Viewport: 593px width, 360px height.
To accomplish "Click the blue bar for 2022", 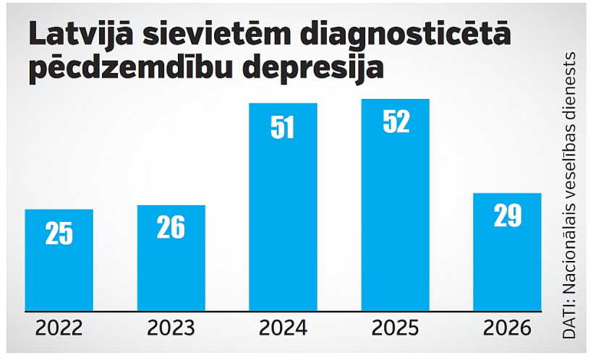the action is [x=59, y=260].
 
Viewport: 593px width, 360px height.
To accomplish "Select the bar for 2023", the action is [x=171, y=258].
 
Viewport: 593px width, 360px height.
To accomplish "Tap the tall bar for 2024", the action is [x=283, y=207].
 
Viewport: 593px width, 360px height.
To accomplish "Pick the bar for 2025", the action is [x=395, y=205].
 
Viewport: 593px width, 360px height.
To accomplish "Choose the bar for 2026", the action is [x=507, y=252].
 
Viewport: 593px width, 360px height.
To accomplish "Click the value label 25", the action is [x=59, y=233].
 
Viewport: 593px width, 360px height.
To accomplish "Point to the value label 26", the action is [x=171, y=227].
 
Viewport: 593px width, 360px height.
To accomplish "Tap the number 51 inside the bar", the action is [x=283, y=127].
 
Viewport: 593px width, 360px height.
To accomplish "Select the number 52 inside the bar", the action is [x=396, y=121].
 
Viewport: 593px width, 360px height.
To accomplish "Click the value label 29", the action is [x=508, y=215].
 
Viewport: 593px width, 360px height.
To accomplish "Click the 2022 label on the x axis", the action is [x=59, y=328].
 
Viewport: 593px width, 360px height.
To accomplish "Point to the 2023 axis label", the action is [x=171, y=328].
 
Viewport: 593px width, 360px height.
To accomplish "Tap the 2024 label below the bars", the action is [x=283, y=328].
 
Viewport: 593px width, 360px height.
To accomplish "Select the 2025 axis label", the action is [x=395, y=328].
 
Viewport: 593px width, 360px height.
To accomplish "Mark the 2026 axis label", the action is [x=507, y=328].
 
